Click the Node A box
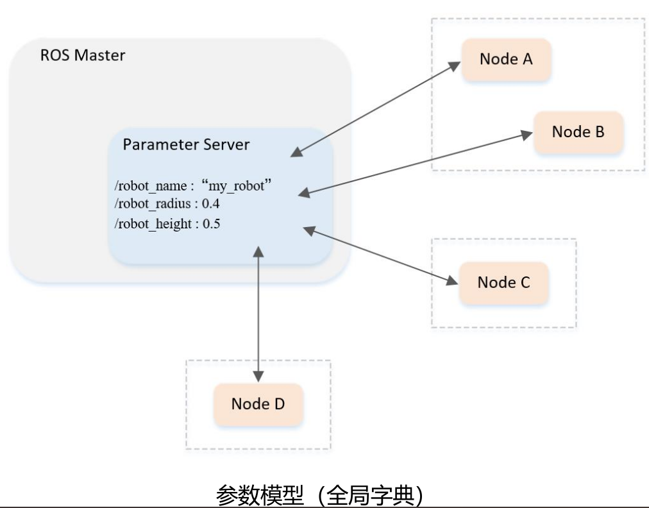506,60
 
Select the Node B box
578,132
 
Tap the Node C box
503,283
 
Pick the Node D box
258,404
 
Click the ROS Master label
83,55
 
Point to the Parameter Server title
186,144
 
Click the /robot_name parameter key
150,187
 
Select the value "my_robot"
237,186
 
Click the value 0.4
212,205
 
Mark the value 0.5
212,224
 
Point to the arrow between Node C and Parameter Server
382,255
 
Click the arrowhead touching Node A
455,65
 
